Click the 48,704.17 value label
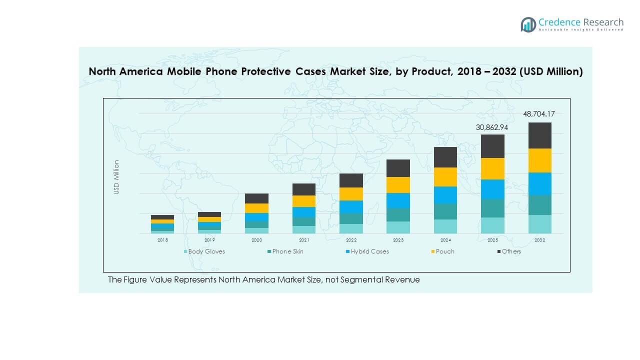pos(539,114)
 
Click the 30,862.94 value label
pos(492,127)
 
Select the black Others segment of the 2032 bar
pos(539,135)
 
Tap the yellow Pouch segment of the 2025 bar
pos(492,168)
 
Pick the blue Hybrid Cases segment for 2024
pos(445,195)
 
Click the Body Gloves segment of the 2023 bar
pos(398,227)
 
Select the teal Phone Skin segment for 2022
pos(351,218)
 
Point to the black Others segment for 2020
pos(256,198)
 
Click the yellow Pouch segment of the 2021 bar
pos(304,201)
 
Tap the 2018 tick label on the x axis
pos(162,240)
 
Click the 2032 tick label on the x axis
pos(539,240)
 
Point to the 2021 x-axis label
pos(304,240)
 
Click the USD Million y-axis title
pos(116,177)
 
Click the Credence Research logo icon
pos(528,24)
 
